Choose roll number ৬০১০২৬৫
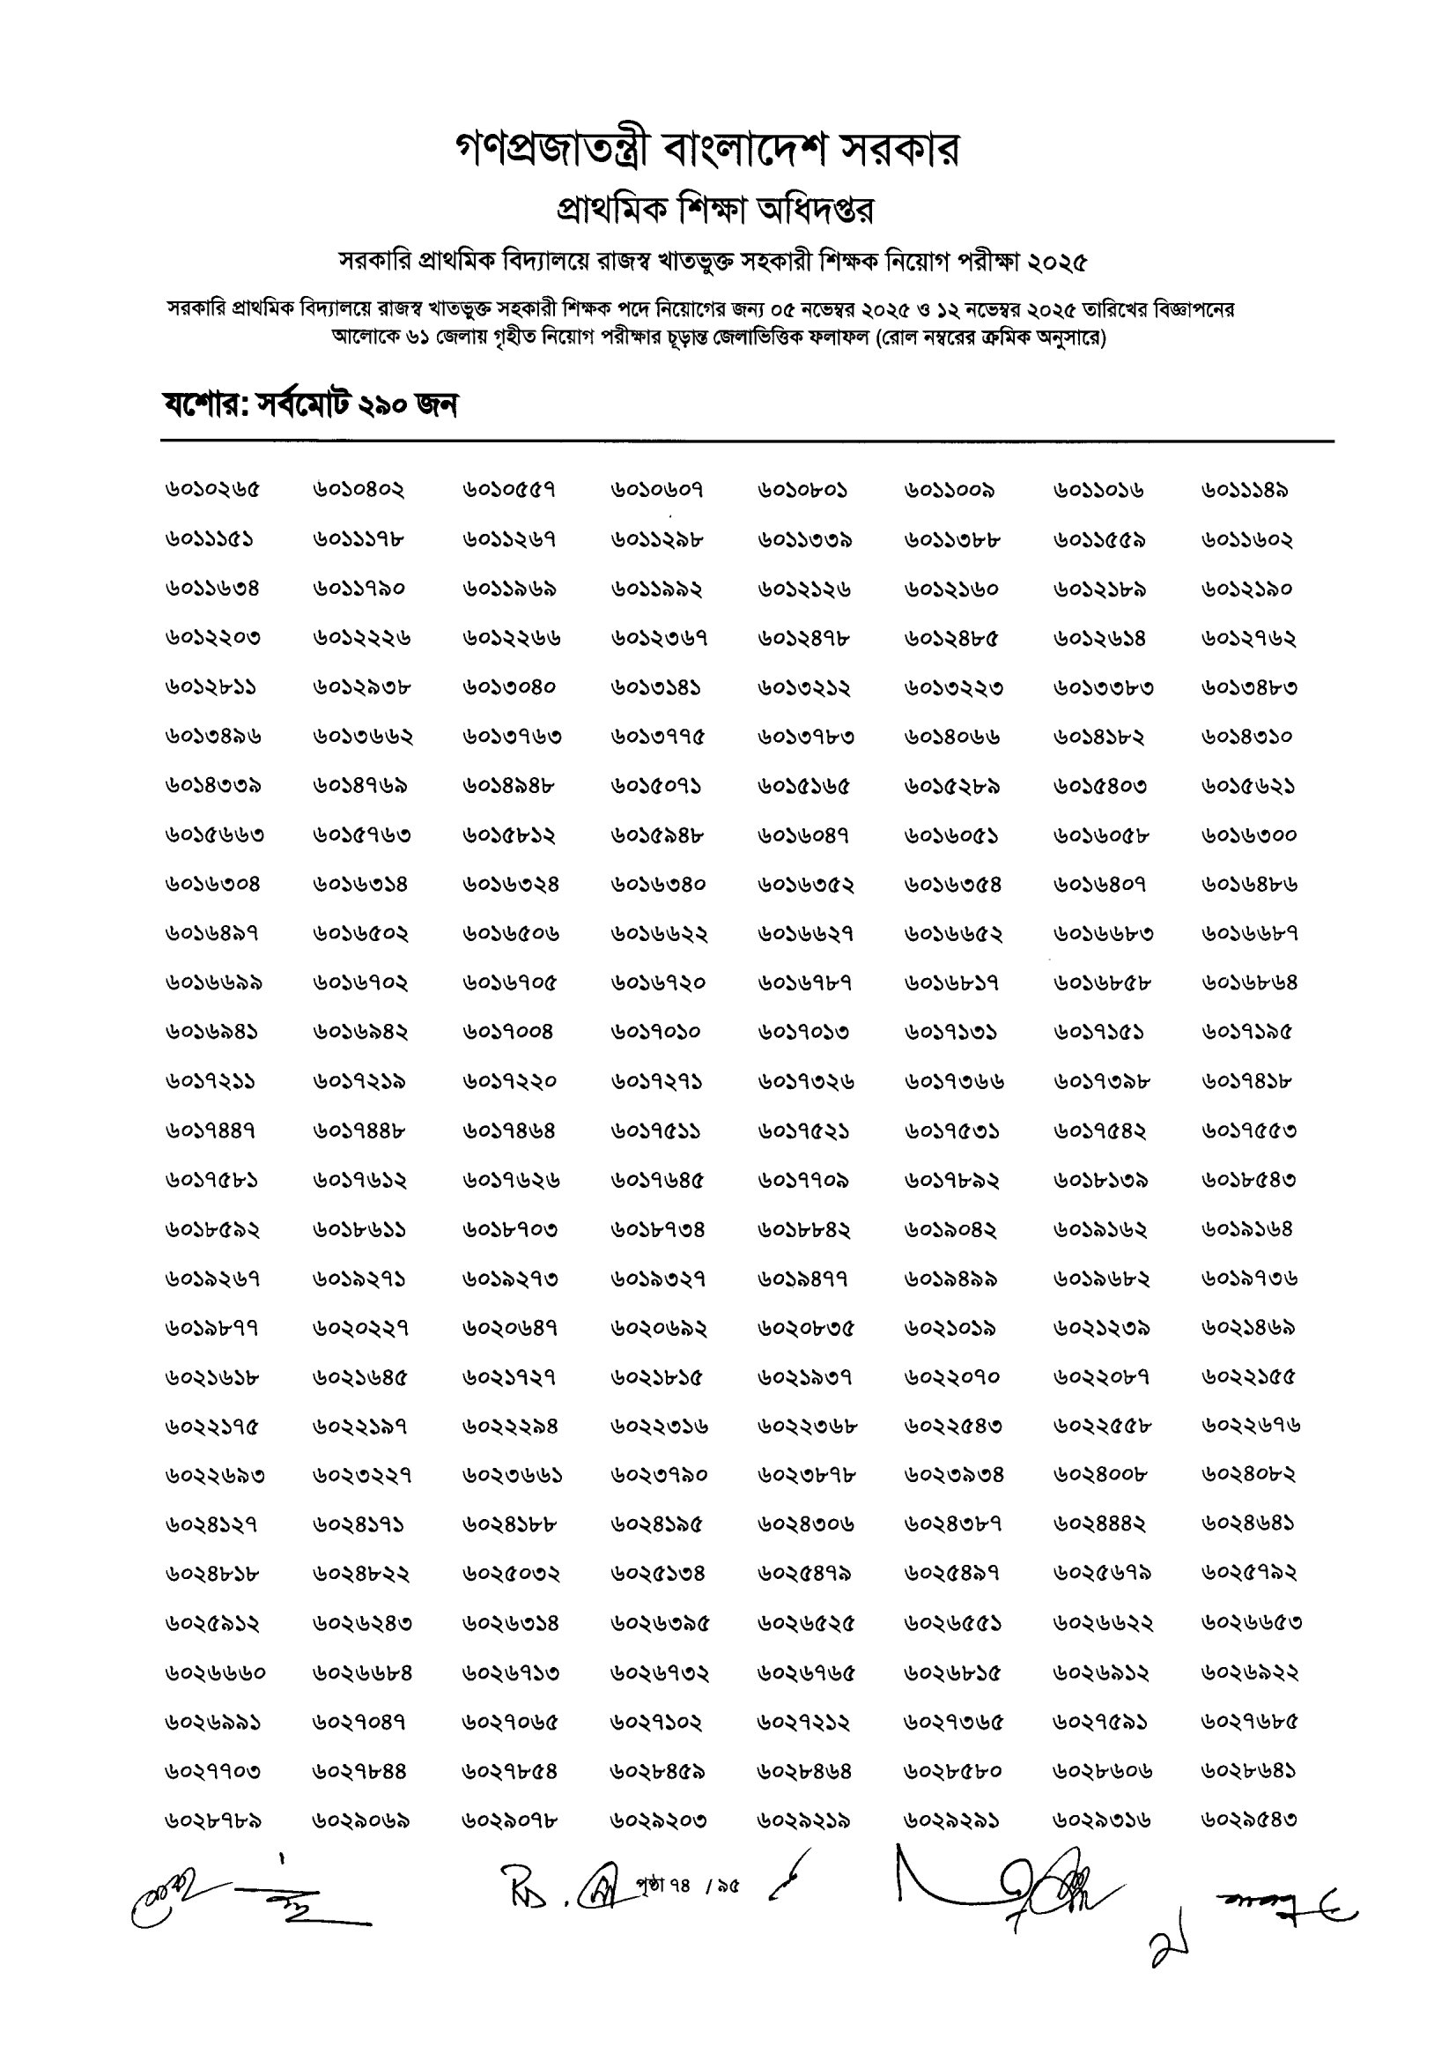point(212,490)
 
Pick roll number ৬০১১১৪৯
point(1245,490)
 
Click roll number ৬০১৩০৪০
point(508,688)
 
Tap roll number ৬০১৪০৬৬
point(951,737)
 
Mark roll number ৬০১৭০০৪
point(508,1033)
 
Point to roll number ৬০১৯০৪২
point(951,1229)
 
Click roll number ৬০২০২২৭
point(360,1329)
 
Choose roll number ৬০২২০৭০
point(951,1378)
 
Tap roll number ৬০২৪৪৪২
point(1099,1525)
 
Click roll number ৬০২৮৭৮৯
point(212,1820)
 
